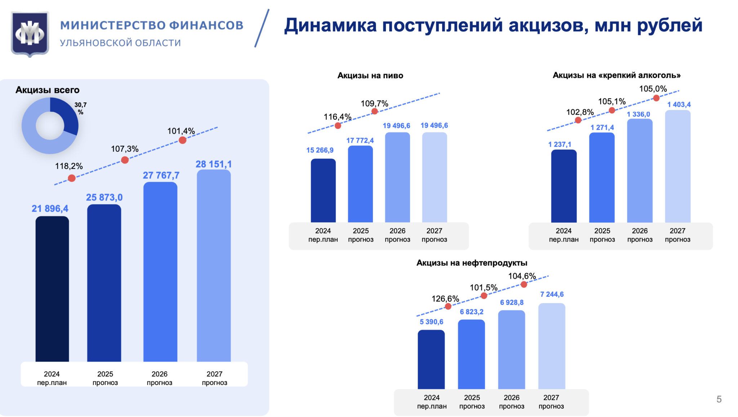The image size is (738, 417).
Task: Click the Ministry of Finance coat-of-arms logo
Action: click(30, 34)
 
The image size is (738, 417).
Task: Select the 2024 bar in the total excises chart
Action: click(52, 288)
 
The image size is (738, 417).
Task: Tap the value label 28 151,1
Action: click(213, 164)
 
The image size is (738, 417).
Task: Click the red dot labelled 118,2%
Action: click(72, 178)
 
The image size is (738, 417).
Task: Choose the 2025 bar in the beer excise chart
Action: click(360, 184)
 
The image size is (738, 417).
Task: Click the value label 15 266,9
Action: click(320, 150)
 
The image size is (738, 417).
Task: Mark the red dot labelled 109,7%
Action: click(374, 111)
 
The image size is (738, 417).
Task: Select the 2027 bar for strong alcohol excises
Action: click(677, 166)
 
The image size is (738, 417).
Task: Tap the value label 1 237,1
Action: click(560, 145)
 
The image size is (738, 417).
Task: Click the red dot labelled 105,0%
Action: click(656, 98)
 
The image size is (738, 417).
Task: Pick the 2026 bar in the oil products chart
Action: click(511, 350)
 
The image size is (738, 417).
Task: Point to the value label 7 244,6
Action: click(552, 294)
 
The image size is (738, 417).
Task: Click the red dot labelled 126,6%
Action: click(448, 306)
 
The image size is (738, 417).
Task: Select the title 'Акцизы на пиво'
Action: click(370, 76)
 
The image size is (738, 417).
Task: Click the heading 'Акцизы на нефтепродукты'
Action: click(472, 263)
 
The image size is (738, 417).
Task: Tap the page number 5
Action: click(719, 399)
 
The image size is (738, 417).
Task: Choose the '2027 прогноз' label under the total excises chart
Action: click(214, 378)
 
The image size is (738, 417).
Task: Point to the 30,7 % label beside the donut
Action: click(80, 108)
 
